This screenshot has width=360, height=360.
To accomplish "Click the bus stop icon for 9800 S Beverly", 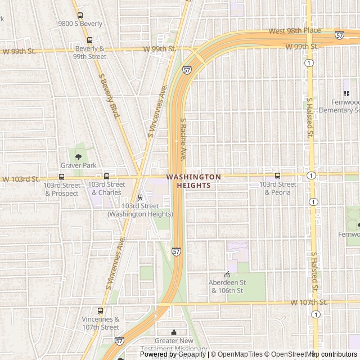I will tap(80, 16).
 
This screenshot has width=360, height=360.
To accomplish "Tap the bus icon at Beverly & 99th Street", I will tap(89, 40).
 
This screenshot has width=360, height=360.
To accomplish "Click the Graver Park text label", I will tap(78, 165).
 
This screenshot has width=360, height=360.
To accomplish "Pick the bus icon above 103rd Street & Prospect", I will tap(61, 176).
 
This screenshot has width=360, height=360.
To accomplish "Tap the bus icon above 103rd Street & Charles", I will tap(106, 176).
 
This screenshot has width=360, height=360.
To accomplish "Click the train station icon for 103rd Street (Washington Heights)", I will tap(140, 197).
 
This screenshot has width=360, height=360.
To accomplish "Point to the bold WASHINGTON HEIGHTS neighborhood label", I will tap(193, 181).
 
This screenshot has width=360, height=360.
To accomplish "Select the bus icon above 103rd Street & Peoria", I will tap(277, 175).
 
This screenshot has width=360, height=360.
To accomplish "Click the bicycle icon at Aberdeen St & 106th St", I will tap(227, 274).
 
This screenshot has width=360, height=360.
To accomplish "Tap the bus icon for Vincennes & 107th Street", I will tap(101, 310).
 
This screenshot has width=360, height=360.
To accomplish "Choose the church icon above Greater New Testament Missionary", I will tap(174, 332).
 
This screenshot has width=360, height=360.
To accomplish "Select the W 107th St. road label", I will tap(309, 303).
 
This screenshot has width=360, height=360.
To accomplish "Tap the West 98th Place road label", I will tap(295, 30).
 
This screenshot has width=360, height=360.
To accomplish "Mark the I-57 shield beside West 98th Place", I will tap(339, 35).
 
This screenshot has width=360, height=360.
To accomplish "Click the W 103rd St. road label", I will tap(20, 179).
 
